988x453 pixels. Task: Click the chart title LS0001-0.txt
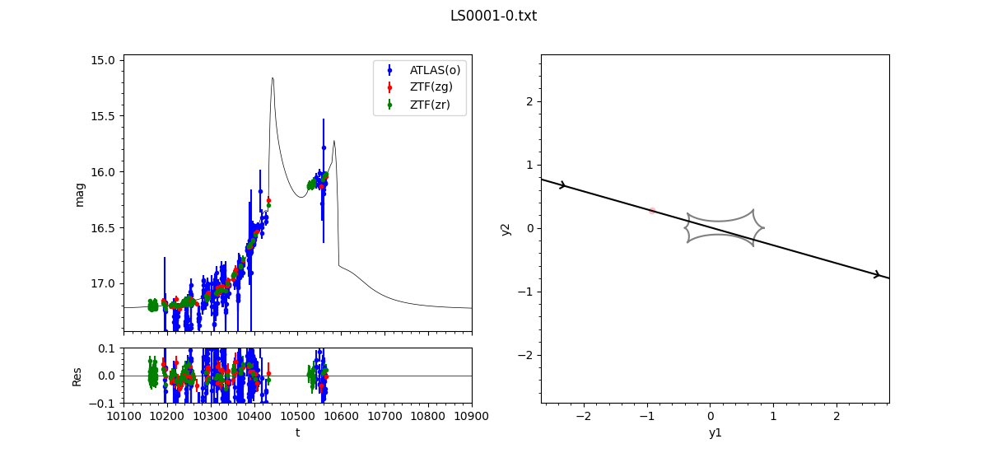[493, 16]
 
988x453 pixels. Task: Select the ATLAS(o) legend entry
[435, 70]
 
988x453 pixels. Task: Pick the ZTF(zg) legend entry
[431, 87]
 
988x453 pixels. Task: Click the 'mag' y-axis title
[80, 194]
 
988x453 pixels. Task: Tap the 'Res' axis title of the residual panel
[77, 376]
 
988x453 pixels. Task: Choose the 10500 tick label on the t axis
[298, 417]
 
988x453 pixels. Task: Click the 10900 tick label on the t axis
[472, 417]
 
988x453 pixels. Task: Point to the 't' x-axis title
[297, 432]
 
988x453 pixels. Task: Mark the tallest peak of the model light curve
[273, 78]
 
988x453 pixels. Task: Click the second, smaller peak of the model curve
[334, 141]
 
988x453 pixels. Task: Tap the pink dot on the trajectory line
[652, 211]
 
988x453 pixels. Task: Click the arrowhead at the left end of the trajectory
[563, 185]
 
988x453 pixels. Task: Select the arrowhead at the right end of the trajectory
[877, 274]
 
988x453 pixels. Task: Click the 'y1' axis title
[715, 432]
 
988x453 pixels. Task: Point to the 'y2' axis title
[506, 229]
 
